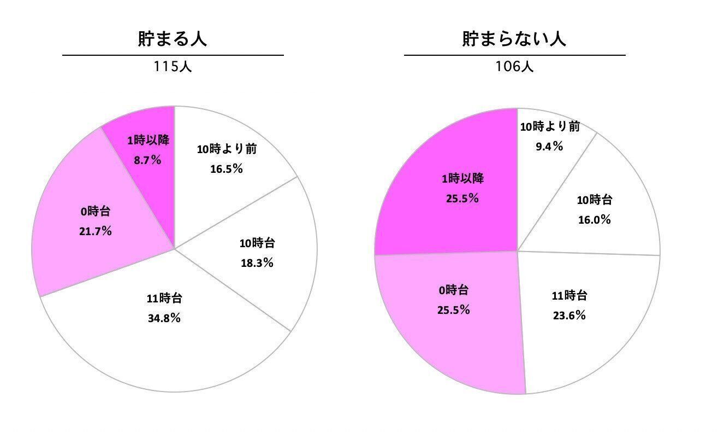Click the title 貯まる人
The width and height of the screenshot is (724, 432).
[172, 39]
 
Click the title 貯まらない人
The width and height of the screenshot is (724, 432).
[514, 39]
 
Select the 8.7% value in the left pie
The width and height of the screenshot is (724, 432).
[147, 160]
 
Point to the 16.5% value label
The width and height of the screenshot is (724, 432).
[226, 169]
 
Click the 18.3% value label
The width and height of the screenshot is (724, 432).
[257, 263]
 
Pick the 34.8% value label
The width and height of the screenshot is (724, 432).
[164, 318]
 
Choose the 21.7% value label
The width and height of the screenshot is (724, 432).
[96, 231]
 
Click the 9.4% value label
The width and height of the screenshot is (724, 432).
[549, 147]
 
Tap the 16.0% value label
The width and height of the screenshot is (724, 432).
[594, 220]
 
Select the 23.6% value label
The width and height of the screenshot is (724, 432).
[569, 316]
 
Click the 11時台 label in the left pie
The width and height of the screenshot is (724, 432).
[164, 299]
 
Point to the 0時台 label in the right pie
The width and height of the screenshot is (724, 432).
[453, 290]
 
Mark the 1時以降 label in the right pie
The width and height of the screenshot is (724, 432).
[462, 178]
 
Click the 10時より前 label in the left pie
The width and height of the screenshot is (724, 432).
[227, 149]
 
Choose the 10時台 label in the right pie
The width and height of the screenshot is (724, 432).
[594, 200]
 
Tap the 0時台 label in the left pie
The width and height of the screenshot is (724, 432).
[96, 211]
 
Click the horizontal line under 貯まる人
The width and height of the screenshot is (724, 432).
[173, 55]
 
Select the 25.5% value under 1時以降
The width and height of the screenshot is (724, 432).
[462, 199]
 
